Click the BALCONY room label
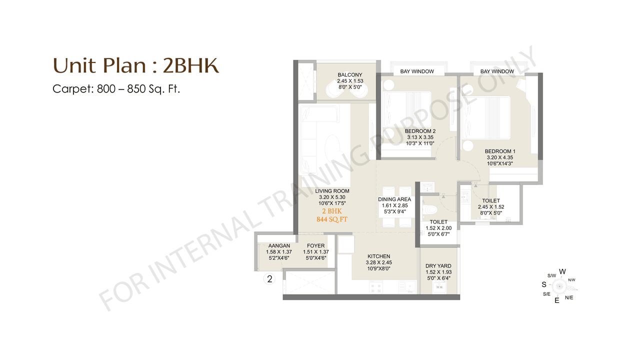coord(349,75)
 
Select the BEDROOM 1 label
coord(500,151)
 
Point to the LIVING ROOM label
coord(332,191)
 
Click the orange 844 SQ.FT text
coord(332,219)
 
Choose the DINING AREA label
coord(394,199)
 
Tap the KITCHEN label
coord(378,256)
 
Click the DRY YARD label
coord(438,266)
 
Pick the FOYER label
coord(316,246)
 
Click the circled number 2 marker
coord(269,279)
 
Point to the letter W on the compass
coord(562,271)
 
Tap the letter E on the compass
coord(556,300)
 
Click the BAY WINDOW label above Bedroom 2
coord(417,71)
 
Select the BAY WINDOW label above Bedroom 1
coord(497,71)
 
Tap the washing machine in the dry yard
coord(439,287)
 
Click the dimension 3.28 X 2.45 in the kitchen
coord(378,262)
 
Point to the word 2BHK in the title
coord(191,65)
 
